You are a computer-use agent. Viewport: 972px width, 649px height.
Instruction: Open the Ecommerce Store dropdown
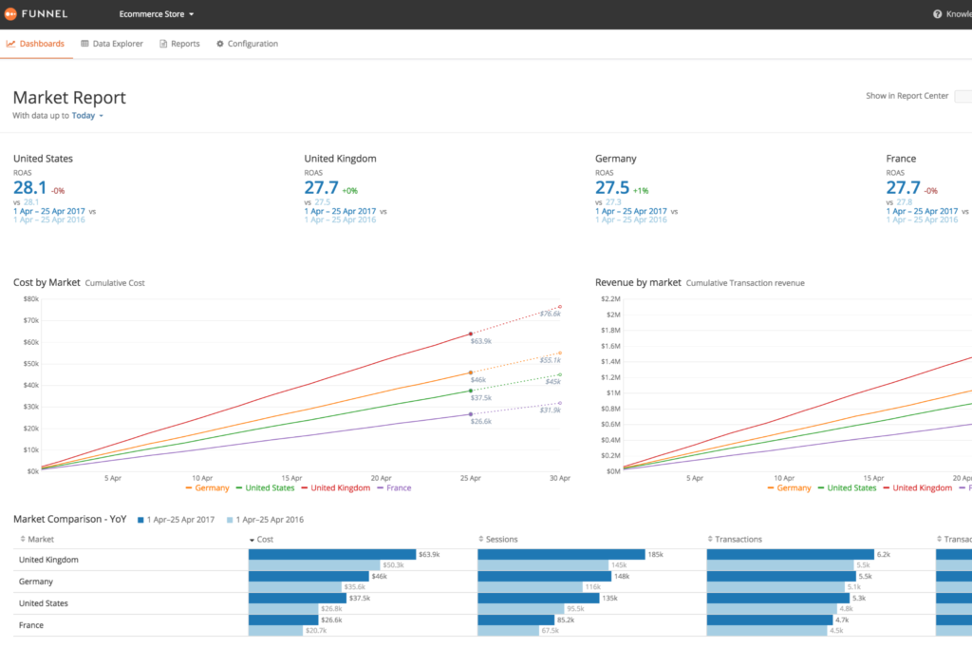point(157,14)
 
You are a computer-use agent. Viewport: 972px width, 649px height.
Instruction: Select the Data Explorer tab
point(112,44)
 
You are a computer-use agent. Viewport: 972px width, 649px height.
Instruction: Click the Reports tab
point(179,44)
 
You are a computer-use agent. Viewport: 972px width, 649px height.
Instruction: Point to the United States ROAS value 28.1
point(29,187)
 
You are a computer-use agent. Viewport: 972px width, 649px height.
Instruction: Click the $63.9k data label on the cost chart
point(480,341)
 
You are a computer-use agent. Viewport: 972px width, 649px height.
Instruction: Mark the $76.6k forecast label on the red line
point(550,314)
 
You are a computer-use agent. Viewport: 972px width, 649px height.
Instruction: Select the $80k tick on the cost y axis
point(30,298)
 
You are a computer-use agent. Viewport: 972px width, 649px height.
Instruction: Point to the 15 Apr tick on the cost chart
point(291,478)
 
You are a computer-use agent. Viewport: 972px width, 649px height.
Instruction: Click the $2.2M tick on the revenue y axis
point(607,298)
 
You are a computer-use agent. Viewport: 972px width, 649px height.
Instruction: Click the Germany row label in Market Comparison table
point(36,582)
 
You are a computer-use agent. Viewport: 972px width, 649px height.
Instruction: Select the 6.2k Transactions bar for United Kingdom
point(790,554)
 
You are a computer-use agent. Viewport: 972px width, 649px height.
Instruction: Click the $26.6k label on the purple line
point(480,421)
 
